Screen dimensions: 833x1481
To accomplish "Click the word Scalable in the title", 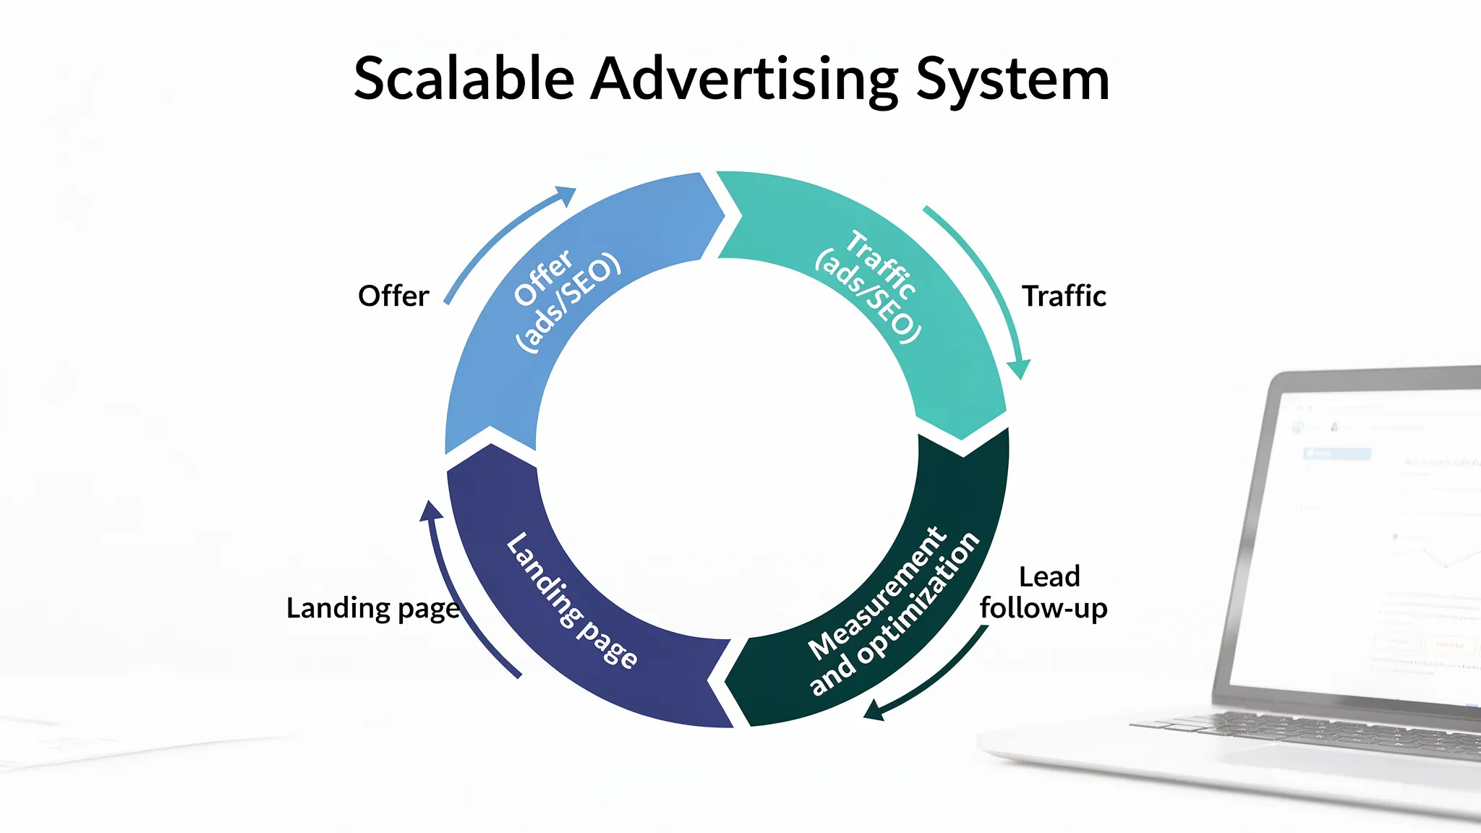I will pyautogui.click(x=464, y=79).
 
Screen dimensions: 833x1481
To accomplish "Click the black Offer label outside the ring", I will pyautogui.click(x=393, y=296).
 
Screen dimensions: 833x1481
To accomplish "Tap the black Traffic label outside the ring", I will pyautogui.click(x=1064, y=296).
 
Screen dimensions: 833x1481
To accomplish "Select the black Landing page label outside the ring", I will pyautogui.click(x=373, y=608).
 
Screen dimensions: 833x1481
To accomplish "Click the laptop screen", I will pyautogui.click(x=1374, y=542).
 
